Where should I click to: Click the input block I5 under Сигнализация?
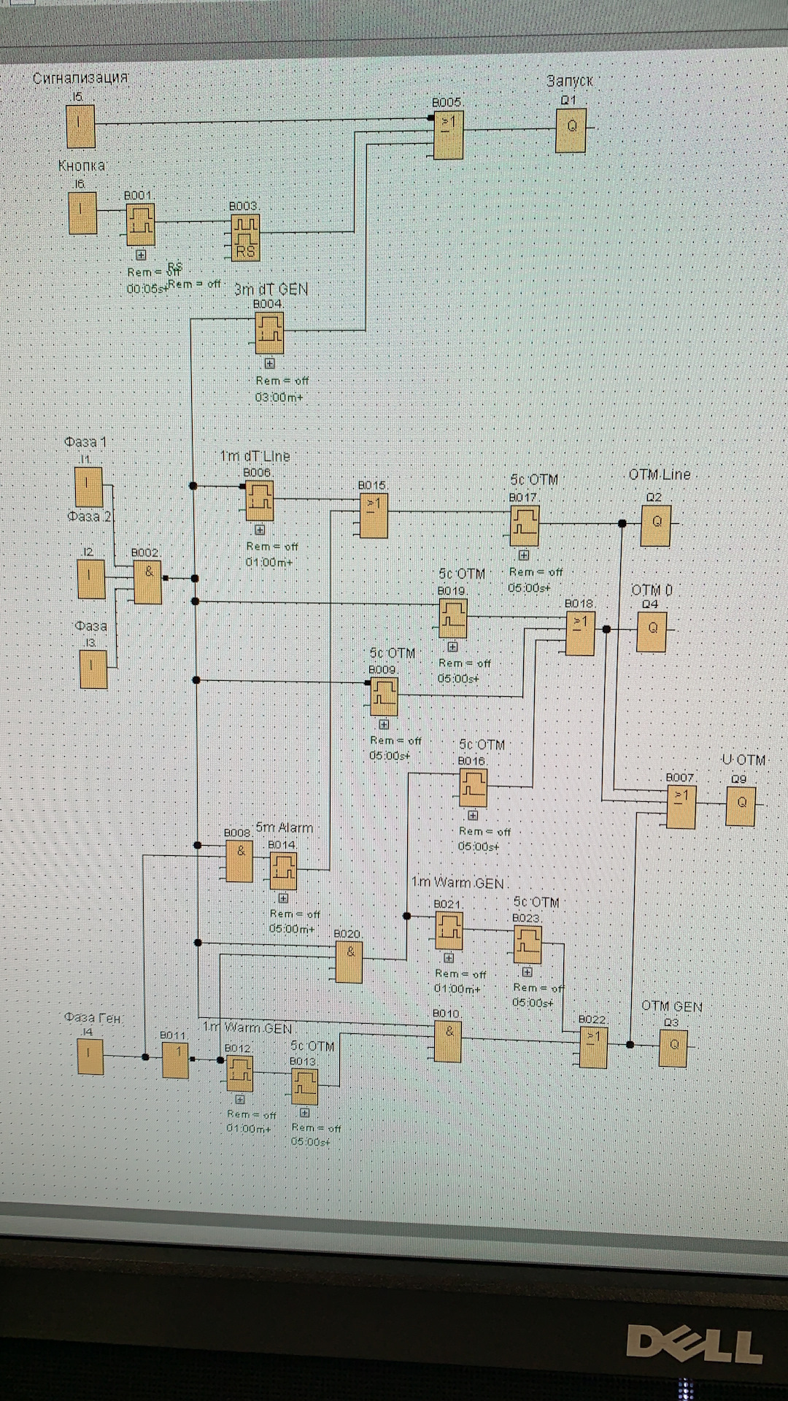click(x=80, y=126)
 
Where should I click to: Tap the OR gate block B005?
click(x=448, y=135)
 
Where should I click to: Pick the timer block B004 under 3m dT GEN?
click(x=269, y=333)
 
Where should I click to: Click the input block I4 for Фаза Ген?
click(x=90, y=1057)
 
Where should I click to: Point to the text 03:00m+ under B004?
click(x=279, y=398)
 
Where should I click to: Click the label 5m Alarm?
click(x=285, y=827)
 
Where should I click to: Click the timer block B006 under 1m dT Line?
click(x=259, y=500)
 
